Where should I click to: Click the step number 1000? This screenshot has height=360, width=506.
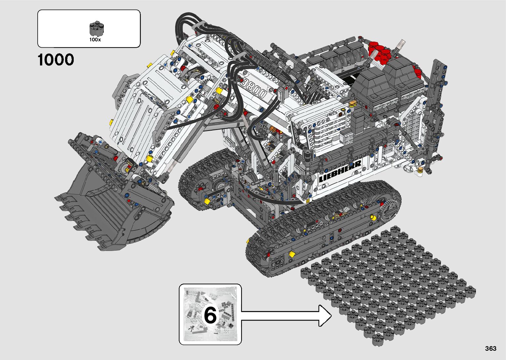(56, 60)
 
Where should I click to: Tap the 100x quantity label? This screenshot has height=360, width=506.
(95, 40)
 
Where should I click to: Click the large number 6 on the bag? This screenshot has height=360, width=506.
(210, 315)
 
